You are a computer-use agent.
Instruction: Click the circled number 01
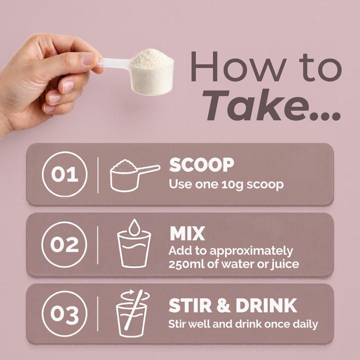[x=65, y=174]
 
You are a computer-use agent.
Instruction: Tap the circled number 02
[x=64, y=245]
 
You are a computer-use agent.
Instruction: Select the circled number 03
[x=65, y=314]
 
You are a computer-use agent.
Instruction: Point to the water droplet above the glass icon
[x=134, y=227]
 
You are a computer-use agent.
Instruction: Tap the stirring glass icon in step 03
[x=133, y=313]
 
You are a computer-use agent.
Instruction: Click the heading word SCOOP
[x=202, y=165]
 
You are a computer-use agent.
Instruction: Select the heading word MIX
[x=187, y=233]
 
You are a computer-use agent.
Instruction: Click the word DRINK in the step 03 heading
[x=266, y=305]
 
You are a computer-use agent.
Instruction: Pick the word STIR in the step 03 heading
[x=190, y=305]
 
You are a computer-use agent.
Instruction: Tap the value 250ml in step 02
[x=187, y=264]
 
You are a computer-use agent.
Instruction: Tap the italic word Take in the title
[x=256, y=105]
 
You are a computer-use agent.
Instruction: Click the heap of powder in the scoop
[x=151, y=59]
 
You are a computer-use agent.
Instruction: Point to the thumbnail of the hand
[x=89, y=59]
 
